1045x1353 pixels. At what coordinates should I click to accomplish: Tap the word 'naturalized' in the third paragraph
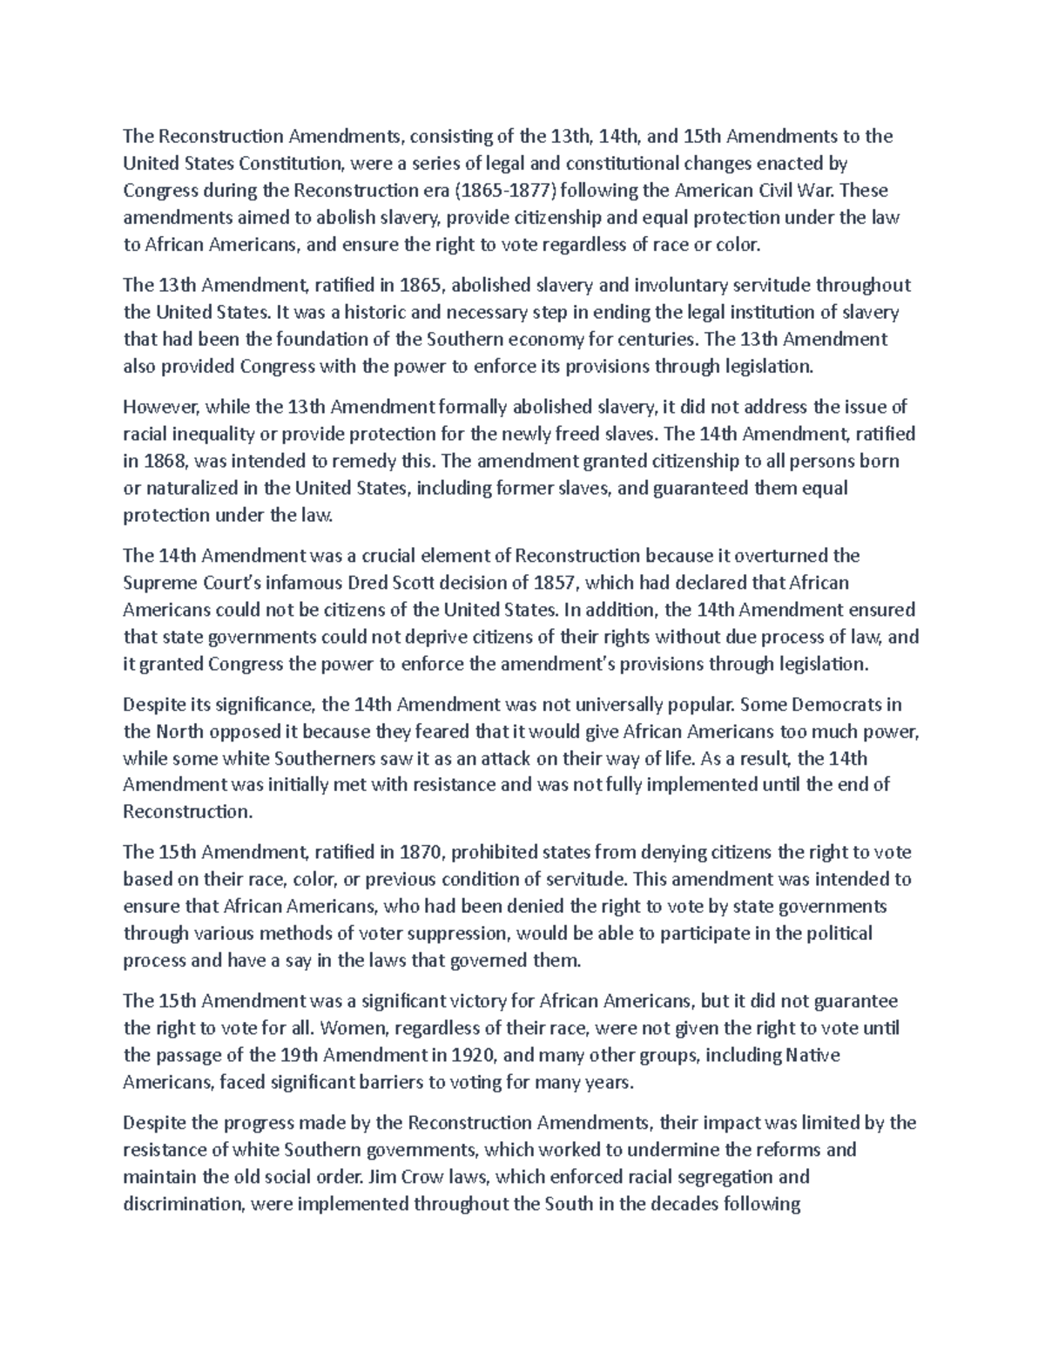pos(189,488)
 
